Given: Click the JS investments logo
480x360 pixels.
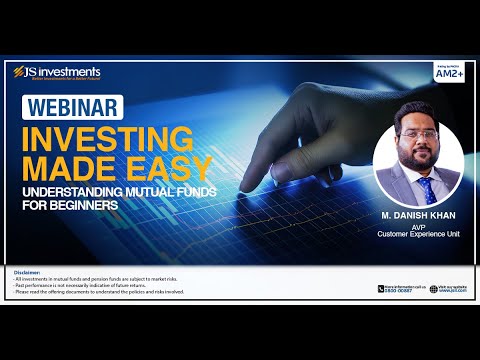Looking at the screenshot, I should pyautogui.click(x=57, y=72).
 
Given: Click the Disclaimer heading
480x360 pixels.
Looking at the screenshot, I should pyautogui.click(x=28, y=271).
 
